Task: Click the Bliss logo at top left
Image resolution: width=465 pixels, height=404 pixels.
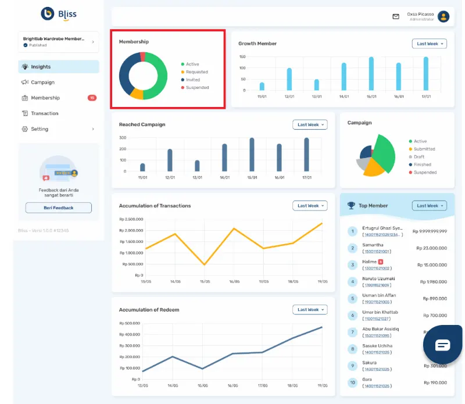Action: click(58, 13)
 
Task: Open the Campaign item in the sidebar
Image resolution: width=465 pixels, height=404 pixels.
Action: click(42, 83)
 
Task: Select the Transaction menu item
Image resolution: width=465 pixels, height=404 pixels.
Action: click(44, 113)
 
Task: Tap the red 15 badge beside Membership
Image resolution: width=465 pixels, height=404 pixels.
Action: click(92, 98)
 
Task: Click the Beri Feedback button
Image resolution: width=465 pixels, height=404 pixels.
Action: click(58, 208)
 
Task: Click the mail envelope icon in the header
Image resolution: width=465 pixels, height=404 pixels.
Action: click(396, 17)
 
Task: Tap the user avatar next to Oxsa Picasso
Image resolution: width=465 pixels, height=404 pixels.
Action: click(443, 17)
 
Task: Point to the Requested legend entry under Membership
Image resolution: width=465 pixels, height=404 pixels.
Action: click(196, 72)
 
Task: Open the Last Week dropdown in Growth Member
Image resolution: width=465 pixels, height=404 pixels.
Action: click(429, 44)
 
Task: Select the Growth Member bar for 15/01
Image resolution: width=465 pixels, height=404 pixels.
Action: click(371, 73)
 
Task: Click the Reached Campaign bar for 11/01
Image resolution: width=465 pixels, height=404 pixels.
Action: click(142, 167)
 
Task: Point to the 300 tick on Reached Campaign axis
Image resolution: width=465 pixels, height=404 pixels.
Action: click(123, 138)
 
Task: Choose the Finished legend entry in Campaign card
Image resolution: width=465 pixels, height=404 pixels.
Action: click(424, 165)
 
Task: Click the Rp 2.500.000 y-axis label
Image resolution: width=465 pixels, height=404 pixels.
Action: click(131, 219)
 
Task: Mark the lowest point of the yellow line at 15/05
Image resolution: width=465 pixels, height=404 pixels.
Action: click(204, 265)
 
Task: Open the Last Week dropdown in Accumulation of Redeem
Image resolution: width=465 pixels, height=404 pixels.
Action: click(310, 310)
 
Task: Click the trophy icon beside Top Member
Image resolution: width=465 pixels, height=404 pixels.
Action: click(351, 205)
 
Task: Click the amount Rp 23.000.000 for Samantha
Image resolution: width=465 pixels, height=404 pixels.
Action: click(431, 248)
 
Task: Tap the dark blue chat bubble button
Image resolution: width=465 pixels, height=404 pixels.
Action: click(442, 345)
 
